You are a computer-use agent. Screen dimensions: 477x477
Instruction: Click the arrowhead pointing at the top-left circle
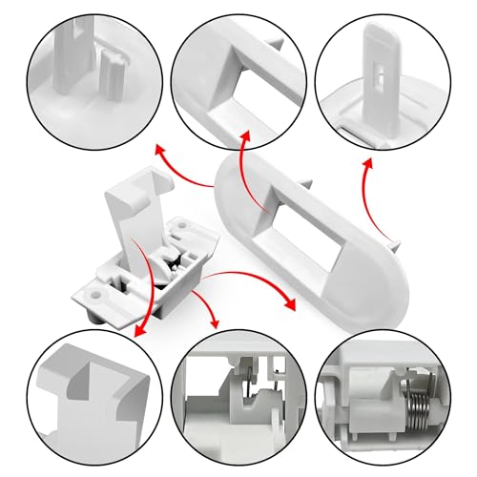pos(159,150)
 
